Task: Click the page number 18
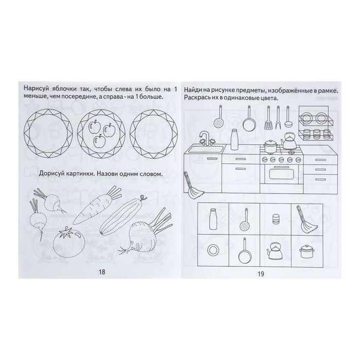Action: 102,272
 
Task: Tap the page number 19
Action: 261,274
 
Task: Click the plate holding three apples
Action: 101,134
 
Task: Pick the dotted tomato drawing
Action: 68,241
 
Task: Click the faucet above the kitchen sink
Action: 205,139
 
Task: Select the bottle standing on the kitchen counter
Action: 234,139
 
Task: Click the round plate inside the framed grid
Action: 213,250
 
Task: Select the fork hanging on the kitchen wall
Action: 278,117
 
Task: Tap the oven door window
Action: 281,174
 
